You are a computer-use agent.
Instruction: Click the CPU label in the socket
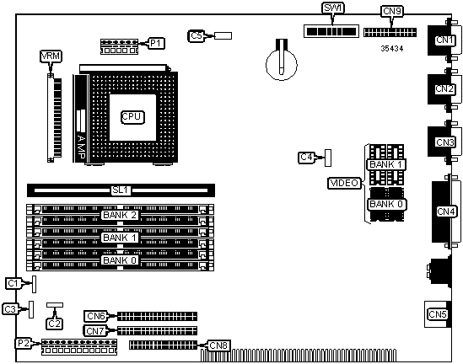(132, 117)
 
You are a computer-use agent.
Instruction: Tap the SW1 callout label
(333, 8)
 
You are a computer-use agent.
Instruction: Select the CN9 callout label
(392, 11)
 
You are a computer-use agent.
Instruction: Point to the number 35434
(392, 48)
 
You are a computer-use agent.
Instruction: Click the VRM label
(51, 56)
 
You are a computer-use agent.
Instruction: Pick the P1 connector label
(156, 43)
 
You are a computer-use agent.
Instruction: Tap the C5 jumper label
(197, 36)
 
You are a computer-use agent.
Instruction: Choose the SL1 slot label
(121, 190)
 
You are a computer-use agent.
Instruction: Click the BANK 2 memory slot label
(120, 215)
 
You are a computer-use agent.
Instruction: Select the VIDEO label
(345, 183)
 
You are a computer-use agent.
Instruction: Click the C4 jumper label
(307, 158)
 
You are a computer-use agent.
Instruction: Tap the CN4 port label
(446, 211)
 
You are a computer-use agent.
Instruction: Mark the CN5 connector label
(438, 314)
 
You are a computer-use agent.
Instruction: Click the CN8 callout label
(218, 345)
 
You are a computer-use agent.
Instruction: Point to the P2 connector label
(24, 343)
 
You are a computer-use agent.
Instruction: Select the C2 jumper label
(54, 324)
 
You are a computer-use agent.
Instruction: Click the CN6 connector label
(95, 316)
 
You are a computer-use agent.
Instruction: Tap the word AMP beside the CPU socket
(82, 147)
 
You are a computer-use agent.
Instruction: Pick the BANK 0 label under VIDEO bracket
(386, 204)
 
